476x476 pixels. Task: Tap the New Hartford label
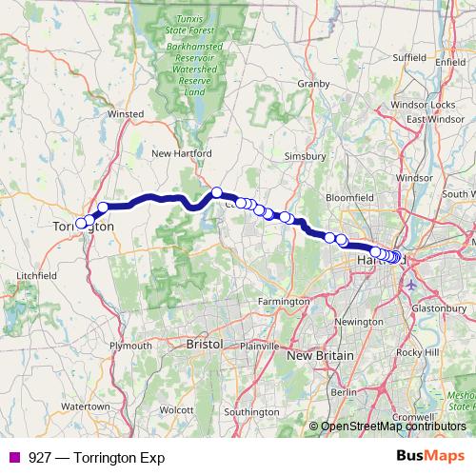point(180,153)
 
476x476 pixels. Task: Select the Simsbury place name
point(307,155)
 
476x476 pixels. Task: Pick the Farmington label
point(285,301)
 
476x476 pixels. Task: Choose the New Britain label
point(320,355)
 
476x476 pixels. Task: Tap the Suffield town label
point(409,57)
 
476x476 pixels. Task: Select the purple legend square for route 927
point(12,457)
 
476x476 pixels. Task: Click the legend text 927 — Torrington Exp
point(97,457)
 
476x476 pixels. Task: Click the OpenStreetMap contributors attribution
point(394,426)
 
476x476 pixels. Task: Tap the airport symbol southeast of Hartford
point(411,284)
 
